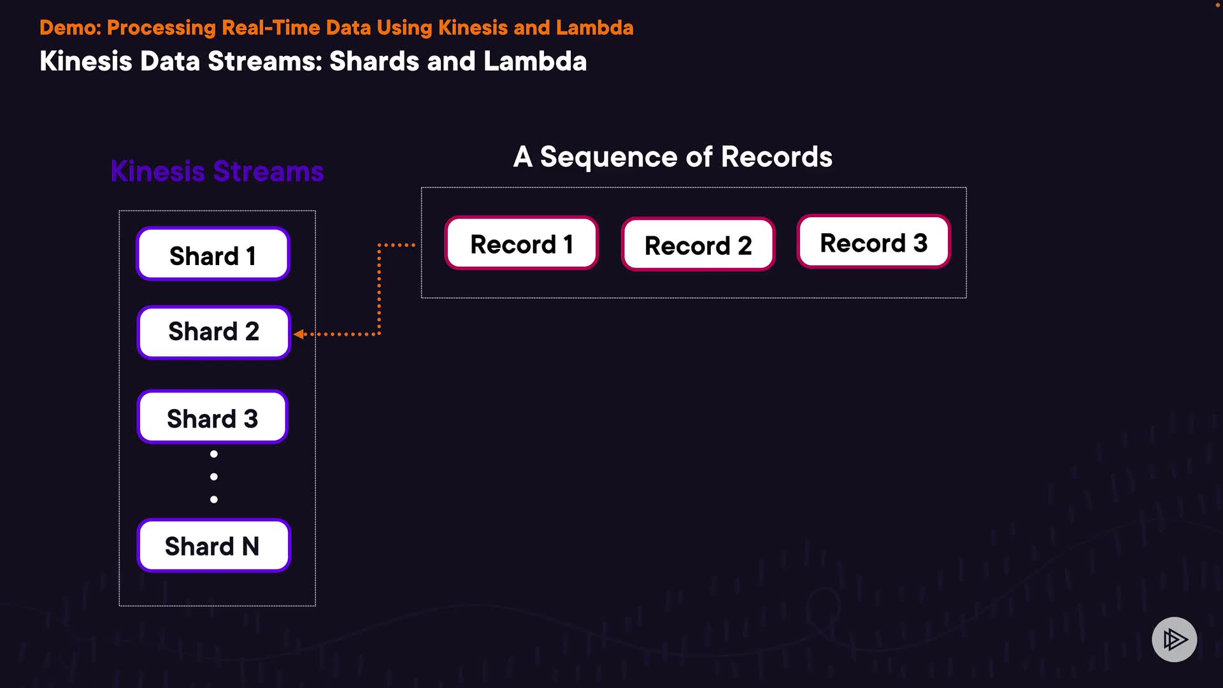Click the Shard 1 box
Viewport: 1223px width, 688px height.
tap(213, 254)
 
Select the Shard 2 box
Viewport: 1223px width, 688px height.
tap(213, 333)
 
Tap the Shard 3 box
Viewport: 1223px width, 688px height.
tap(213, 417)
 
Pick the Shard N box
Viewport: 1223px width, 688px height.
tap(213, 546)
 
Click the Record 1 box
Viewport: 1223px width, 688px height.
tap(521, 243)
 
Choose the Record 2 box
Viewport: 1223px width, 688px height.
tap(698, 245)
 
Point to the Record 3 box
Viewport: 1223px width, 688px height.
tap(873, 242)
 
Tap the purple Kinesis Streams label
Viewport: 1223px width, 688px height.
tap(217, 171)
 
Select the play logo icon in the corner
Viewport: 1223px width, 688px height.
tap(1174, 639)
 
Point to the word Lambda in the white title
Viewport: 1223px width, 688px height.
tap(534, 62)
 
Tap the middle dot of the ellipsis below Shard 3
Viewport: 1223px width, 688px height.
tap(214, 477)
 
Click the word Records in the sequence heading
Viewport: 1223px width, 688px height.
tap(776, 157)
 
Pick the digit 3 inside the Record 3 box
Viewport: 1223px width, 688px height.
tap(920, 243)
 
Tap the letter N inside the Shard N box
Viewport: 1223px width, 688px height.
tap(250, 547)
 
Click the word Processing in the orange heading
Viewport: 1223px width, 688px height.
tap(161, 28)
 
